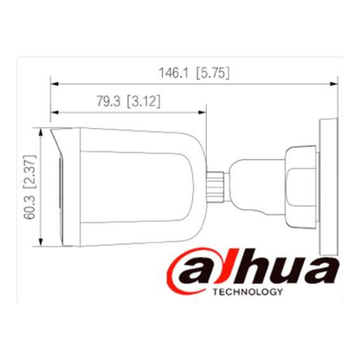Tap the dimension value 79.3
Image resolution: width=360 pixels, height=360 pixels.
[x=106, y=102]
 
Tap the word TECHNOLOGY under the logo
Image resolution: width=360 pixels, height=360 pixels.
[x=245, y=292]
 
